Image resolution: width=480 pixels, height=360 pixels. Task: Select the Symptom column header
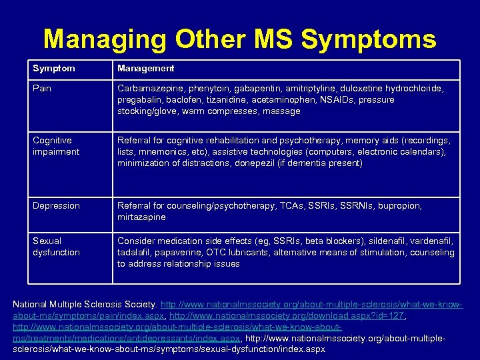pos(54,68)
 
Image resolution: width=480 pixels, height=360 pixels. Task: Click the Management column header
pos(146,68)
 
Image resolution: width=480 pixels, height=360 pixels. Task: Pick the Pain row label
pos(43,88)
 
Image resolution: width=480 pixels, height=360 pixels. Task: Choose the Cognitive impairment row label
pos(56,146)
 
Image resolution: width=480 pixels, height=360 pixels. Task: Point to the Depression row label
pos(56,205)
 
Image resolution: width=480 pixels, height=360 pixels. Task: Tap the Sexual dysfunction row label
pos(56,247)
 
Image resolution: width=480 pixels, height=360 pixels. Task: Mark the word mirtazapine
pos(142,217)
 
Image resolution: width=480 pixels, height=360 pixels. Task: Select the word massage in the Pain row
pos(282,111)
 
